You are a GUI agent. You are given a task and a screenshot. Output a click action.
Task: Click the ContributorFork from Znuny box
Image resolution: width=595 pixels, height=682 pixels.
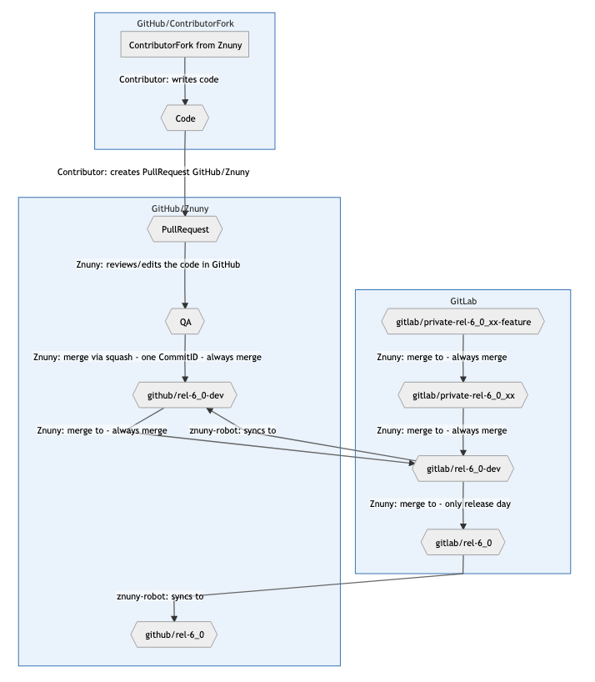click(x=185, y=45)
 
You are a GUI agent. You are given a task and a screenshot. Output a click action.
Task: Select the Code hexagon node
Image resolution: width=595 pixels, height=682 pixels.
click(x=185, y=119)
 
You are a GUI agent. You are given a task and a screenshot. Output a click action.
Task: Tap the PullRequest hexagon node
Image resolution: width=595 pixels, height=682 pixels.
click(x=184, y=228)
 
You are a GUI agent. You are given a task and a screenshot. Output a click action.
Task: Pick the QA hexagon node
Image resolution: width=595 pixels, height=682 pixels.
click(x=184, y=321)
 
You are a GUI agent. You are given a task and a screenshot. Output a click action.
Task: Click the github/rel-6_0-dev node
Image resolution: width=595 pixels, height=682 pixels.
click(x=184, y=394)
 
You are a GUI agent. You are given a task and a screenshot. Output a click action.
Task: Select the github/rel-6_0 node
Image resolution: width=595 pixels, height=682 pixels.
click(x=174, y=634)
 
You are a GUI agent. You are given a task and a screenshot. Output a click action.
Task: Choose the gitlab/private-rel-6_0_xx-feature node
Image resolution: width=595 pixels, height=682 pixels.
click(x=462, y=321)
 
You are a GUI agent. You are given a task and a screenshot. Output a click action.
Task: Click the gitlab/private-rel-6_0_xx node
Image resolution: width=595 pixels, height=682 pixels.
click(x=462, y=394)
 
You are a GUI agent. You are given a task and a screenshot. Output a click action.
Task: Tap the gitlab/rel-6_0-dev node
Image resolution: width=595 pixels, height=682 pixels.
click(x=462, y=469)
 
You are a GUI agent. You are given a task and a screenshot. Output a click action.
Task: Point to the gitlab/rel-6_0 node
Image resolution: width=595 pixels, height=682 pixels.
click(x=462, y=544)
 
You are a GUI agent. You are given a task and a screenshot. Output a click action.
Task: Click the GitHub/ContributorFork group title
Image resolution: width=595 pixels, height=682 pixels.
click(x=184, y=23)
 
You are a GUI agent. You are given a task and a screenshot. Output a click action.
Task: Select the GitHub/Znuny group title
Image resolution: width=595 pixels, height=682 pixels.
click(x=180, y=208)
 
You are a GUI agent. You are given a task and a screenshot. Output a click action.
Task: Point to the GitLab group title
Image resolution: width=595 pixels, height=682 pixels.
click(x=462, y=300)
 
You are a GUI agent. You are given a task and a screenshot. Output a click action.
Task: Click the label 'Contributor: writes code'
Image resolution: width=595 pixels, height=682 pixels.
click(x=169, y=80)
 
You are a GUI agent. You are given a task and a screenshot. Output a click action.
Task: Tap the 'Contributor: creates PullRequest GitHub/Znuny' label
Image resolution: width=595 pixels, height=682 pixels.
click(x=153, y=172)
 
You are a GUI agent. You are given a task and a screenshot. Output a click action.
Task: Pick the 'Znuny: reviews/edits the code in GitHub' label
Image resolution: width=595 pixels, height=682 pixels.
click(x=158, y=264)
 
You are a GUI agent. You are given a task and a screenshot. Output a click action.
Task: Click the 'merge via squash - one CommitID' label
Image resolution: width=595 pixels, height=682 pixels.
click(x=147, y=357)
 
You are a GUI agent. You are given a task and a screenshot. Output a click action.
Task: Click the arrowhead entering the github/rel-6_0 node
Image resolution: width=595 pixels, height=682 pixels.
click(x=174, y=618)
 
